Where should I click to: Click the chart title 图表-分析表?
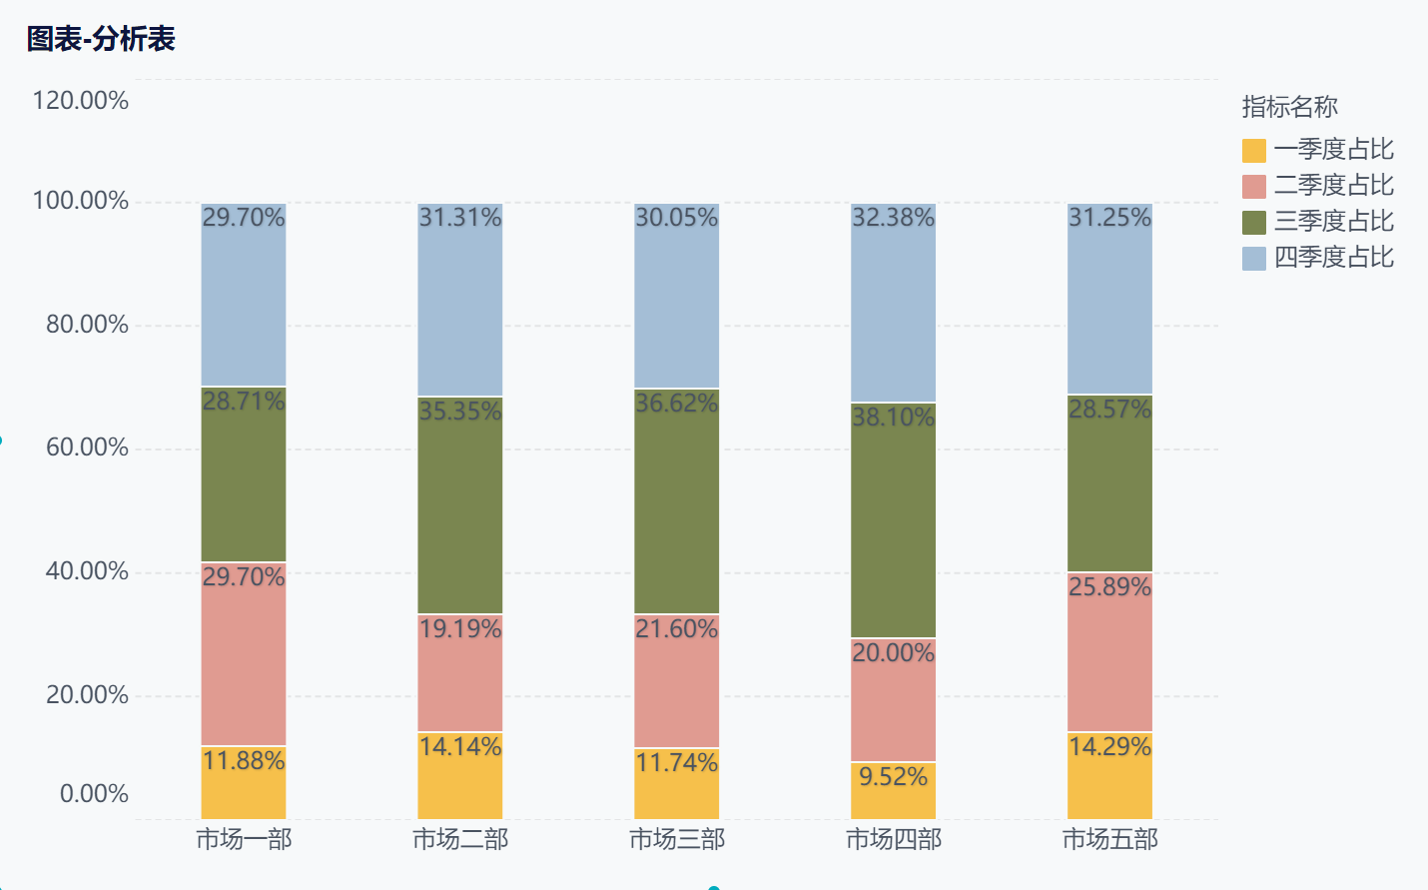101,39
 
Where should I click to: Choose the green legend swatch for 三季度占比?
1254,222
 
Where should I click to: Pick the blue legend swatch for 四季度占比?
1254,258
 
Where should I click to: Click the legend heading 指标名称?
1289,107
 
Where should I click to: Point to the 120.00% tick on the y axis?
81,101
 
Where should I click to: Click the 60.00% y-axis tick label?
87,447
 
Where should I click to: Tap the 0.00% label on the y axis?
94,794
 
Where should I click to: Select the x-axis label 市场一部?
244,839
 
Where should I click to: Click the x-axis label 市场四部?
894,839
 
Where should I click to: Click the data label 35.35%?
460,412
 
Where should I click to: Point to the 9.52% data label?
894,777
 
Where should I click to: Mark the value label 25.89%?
1109,587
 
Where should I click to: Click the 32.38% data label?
894,218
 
